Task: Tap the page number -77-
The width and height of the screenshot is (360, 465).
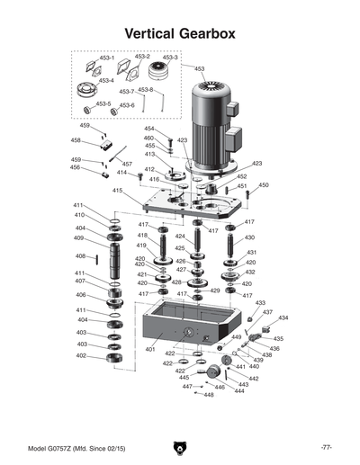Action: (x=327, y=447)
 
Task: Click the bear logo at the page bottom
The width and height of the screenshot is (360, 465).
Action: (x=180, y=448)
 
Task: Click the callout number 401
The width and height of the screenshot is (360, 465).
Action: (x=150, y=349)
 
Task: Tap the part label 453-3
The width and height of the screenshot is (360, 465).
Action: (x=170, y=57)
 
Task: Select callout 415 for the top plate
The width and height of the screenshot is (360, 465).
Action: (x=118, y=191)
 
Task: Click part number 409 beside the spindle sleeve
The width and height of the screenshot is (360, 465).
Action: (x=79, y=238)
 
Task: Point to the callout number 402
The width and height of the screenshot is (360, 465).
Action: (x=81, y=356)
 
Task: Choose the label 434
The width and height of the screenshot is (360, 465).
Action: (x=283, y=318)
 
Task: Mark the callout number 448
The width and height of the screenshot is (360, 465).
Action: (x=209, y=395)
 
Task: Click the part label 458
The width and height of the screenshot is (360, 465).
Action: (x=76, y=140)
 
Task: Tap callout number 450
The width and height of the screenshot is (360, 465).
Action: (x=264, y=185)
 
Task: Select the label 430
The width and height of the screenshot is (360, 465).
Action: (x=249, y=237)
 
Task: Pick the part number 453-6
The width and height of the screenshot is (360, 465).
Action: (x=127, y=105)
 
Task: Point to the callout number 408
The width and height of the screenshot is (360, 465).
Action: (x=80, y=256)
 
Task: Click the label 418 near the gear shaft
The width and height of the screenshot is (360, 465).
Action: (x=142, y=235)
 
